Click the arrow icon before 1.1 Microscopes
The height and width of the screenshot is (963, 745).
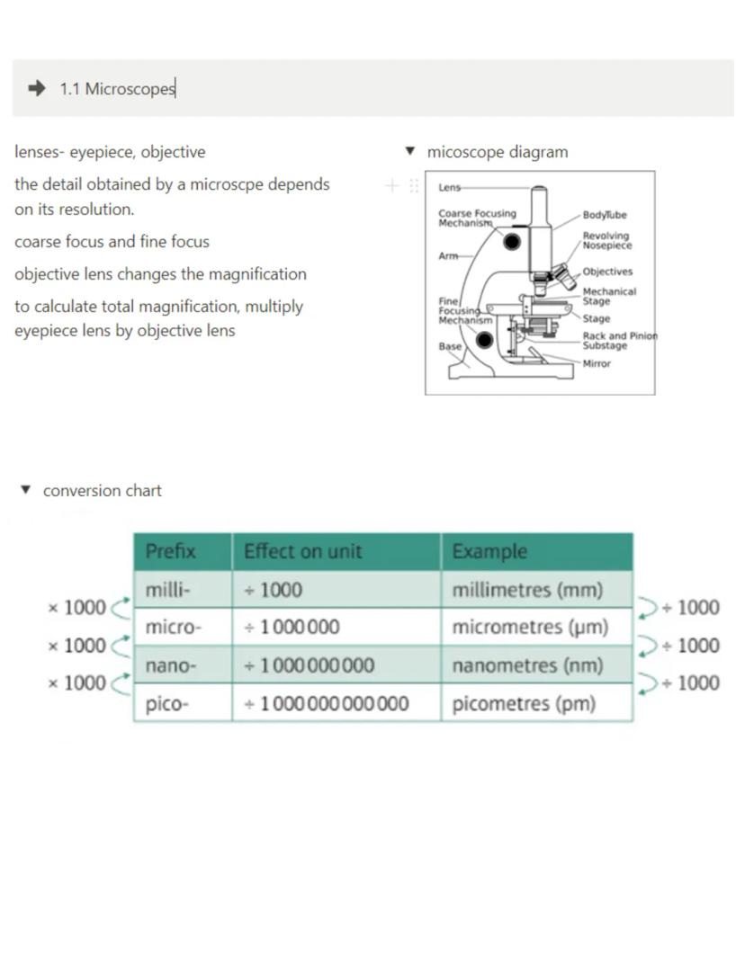[x=37, y=88]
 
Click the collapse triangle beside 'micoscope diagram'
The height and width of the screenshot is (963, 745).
[x=410, y=151]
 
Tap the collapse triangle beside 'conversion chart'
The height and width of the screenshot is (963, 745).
[x=25, y=490]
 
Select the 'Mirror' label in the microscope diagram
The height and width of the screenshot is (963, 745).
[x=596, y=364]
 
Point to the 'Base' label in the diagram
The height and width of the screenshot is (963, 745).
[x=450, y=346]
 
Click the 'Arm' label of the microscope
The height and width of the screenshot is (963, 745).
[x=448, y=256]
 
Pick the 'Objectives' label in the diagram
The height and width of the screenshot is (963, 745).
[x=607, y=272]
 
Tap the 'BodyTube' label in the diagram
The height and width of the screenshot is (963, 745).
[x=605, y=216]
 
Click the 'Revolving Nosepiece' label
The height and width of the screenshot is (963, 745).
[x=606, y=241]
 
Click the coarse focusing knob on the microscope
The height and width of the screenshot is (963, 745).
[x=512, y=241]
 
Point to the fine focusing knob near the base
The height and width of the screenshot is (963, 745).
[x=484, y=340]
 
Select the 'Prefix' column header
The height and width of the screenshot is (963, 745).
[x=171, y=551]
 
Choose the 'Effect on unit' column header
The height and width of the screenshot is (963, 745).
[x=302, y=551]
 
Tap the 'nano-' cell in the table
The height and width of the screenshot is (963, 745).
[x=170, y=666]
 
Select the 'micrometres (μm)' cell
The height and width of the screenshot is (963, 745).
[x=530, y=628]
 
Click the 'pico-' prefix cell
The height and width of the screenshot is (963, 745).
[x=167, y=704]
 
